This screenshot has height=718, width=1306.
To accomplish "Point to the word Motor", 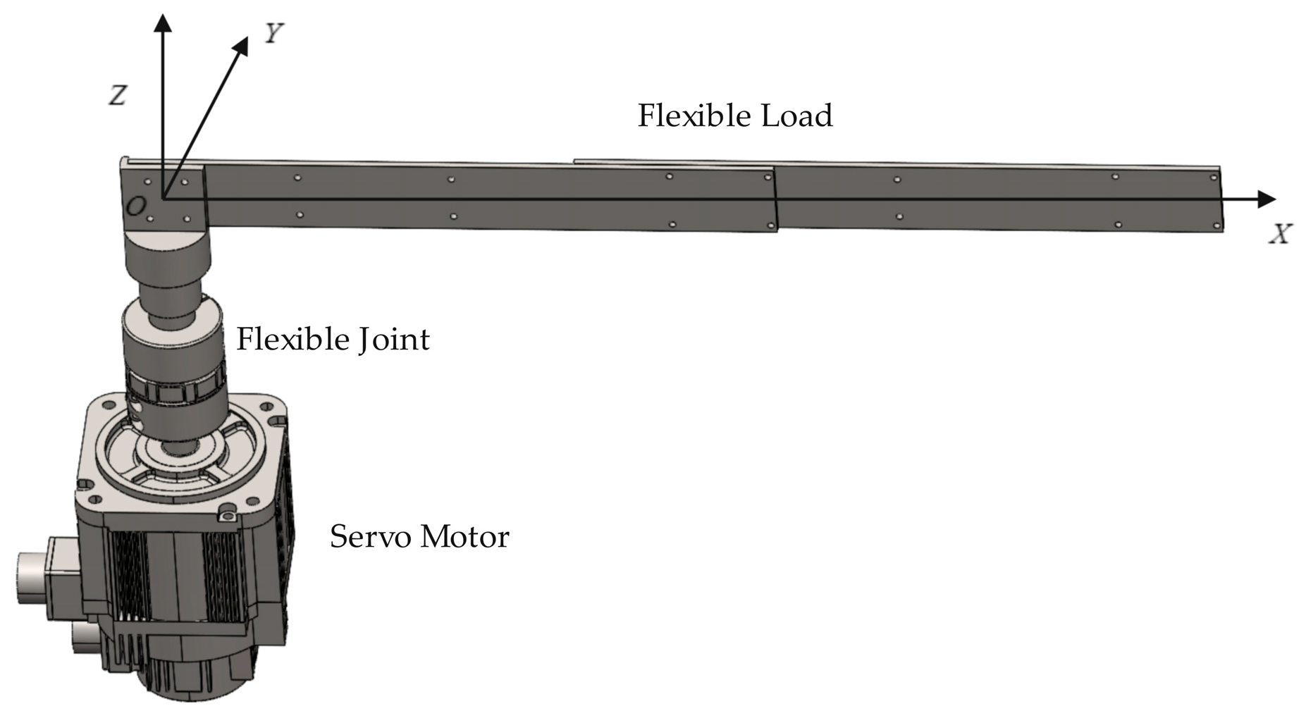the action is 464,537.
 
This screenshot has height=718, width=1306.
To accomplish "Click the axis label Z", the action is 118,95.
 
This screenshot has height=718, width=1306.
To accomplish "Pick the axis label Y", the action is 273,32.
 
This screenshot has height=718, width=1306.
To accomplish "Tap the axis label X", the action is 1280,235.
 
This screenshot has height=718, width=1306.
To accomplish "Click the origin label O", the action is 136,206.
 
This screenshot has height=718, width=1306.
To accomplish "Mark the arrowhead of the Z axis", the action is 164,23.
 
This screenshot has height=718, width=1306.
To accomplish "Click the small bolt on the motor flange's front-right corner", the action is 228,517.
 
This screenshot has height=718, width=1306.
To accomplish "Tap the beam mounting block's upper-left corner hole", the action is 147,182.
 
